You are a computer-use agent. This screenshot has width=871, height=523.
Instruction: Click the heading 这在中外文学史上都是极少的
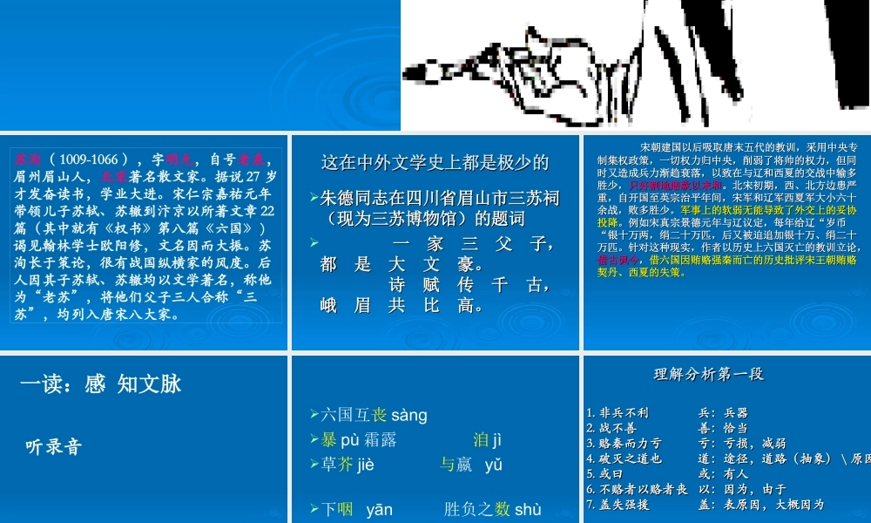pyautogui.click(x=435, y=162)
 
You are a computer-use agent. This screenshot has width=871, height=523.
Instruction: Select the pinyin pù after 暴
pyautogui.click(x=351, y=440)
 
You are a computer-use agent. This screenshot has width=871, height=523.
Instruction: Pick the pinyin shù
pyautogui.click(x=528, y=509)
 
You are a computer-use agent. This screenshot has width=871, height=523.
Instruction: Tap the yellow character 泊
pyautogui.click(x=480, y=440)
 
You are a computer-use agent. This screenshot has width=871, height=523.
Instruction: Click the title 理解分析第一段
pyautogui.click(x=708, y=374)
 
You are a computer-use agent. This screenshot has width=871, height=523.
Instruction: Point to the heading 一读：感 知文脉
pyautogui.click(x=100, y=384)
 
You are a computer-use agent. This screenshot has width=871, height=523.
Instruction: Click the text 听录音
pyautogui.click(x=54, y=447)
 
